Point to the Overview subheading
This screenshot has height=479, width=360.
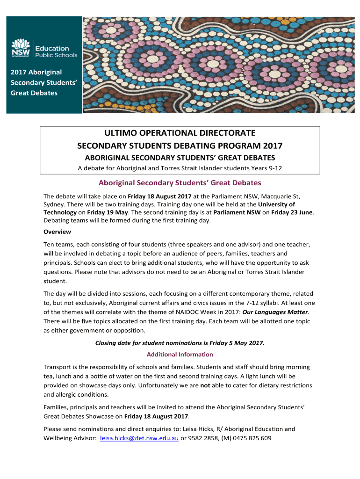pyautogui.click(x=57, y=232)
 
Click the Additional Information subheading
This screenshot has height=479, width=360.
pyautogui.click(x=180, y=354)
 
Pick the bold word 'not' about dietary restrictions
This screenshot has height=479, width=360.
pyautogui.click(x=205, y=385)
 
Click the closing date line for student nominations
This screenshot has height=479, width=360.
pyautogui.click(x=180, y=343)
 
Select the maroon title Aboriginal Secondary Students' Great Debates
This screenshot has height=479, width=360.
pyautogui.click(x=180, y=182)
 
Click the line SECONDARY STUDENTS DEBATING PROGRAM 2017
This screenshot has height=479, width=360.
pyautogui.click(x=180, y=146)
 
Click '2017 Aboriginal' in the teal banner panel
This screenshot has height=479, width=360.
pyautogui.click(x=36, y=72)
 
